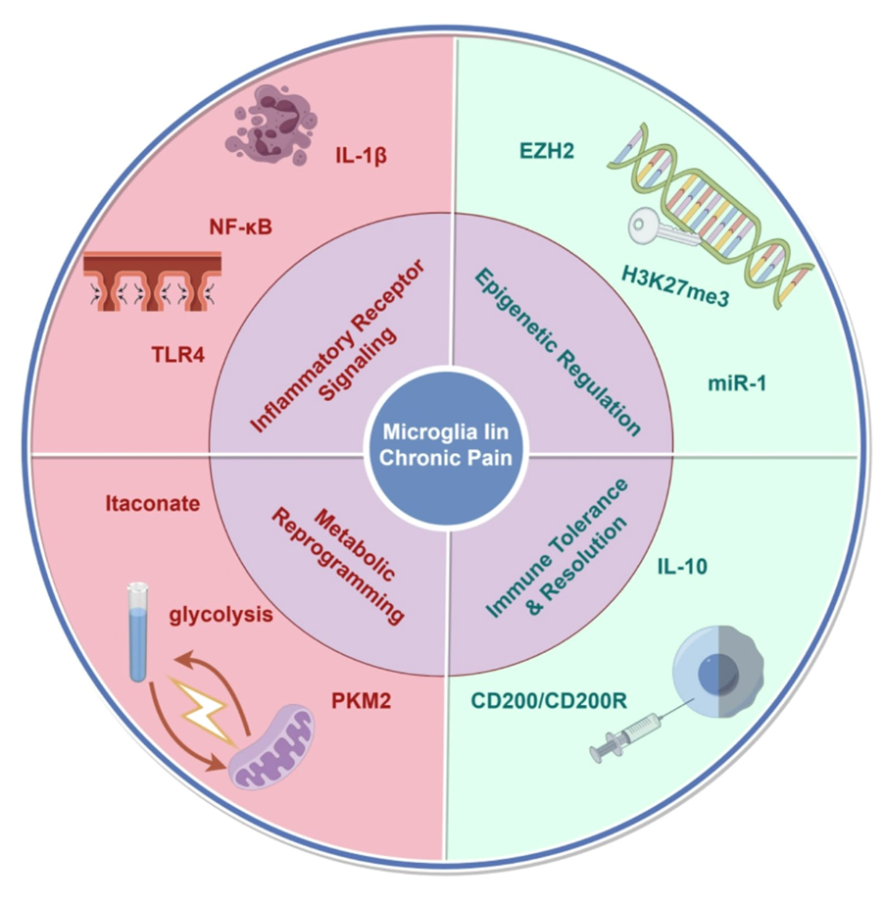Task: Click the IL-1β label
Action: [x=359, y=155]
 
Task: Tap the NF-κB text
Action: [x=240, y=227]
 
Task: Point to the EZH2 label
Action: [x=546, y=152]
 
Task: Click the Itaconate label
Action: [x=152, y=504]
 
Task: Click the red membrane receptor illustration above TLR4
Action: [x=152, y=279]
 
